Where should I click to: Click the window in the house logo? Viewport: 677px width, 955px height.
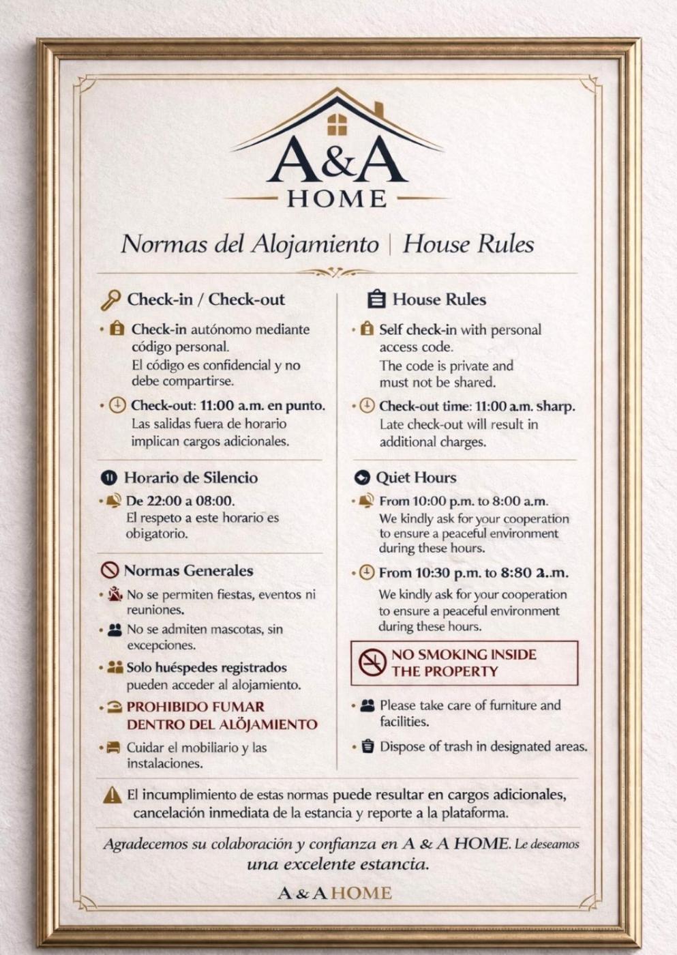coord(337,125)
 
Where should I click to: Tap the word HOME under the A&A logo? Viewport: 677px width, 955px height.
coord(337,199)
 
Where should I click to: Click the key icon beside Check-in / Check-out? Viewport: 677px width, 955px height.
coord(110,299)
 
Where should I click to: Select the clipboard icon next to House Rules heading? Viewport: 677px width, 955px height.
coord(376,299)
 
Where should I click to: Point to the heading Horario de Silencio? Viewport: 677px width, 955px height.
coord(190,477)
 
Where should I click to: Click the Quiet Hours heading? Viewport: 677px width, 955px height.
coord(416,477)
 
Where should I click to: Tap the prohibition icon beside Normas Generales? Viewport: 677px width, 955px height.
coord(109,570)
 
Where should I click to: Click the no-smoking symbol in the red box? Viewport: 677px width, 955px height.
coord(372,662)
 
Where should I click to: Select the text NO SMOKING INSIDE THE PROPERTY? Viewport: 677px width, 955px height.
coord(464,662)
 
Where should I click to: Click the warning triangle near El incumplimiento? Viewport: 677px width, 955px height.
coord(112,795)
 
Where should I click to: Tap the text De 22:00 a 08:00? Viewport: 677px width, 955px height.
coord(181,501)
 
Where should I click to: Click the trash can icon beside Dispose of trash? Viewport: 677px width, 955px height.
coord(367,746)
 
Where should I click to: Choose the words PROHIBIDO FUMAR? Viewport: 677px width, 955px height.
coord(196,707)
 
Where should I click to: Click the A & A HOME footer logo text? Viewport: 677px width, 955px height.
coord(335,893)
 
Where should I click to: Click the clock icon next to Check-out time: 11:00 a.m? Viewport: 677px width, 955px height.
coord(367,406)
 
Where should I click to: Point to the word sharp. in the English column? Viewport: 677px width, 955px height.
coord(556,407)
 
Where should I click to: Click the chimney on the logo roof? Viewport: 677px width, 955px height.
coord(379,110)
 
